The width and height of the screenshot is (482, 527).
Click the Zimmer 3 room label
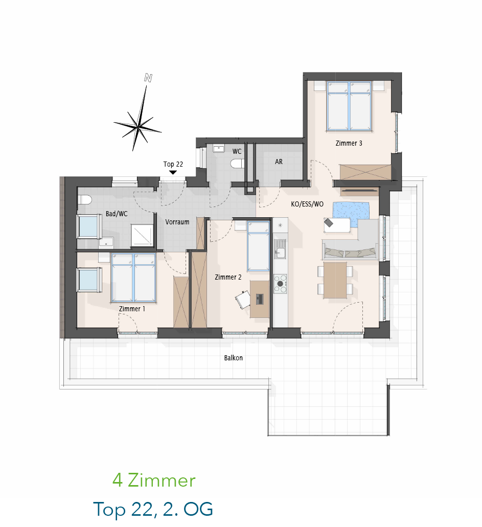(x=349, y=143)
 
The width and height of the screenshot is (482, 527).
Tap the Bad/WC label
(x=117, y=214)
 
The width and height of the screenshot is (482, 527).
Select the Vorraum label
(x=177, y=222)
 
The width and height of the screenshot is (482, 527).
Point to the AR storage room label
(x=279, y=162)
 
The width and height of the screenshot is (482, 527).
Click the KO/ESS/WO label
(x=307, y=204)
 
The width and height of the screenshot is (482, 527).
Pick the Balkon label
(x=233, y=358)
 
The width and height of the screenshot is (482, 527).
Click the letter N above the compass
(x=148, y=78)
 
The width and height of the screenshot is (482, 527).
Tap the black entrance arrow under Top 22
(x=173, y=172)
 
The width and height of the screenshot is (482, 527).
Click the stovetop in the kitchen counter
(x=280, y=284)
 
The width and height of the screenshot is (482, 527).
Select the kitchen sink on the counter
(x=280, y=249)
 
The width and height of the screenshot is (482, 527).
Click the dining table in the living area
(x=335, y=280)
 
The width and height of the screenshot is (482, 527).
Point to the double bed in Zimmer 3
(x=349, y=106)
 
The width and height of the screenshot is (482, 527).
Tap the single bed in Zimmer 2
(x=258, y=246)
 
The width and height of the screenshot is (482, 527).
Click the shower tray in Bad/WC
(x=142, y=236)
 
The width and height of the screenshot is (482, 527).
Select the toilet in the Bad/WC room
(x=85, y=200)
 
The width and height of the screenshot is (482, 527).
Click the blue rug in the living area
(x=351, y=211)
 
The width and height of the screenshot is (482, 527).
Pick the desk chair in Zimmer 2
(x=243, y=299)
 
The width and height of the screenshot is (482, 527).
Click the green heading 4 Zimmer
(x=154, y=480)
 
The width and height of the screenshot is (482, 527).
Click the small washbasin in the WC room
(x=218, y=149)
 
